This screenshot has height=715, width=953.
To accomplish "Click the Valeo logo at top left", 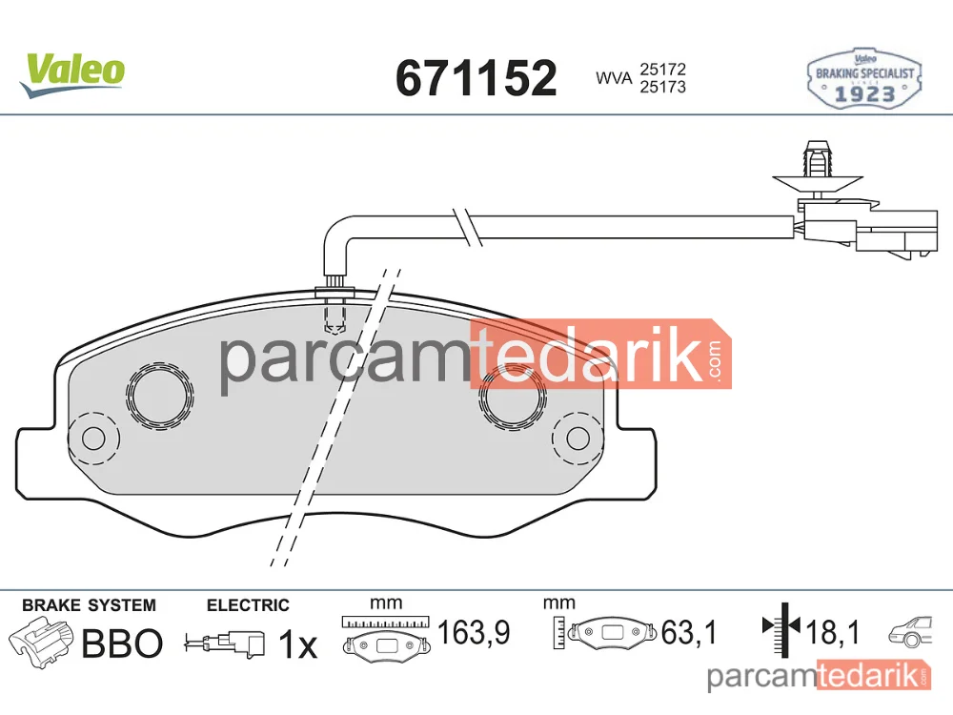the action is coord(72,74).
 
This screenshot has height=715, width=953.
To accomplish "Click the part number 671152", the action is coord(476,78).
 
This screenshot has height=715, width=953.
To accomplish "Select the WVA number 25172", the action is coord(662,70).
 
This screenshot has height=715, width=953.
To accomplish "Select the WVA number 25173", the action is coord(662,87).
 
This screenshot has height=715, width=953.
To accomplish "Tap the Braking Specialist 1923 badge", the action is coord(864,80).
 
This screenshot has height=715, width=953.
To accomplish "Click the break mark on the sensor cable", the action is coord(468,227).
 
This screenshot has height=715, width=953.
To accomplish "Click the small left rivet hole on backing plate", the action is coord(93,438).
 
